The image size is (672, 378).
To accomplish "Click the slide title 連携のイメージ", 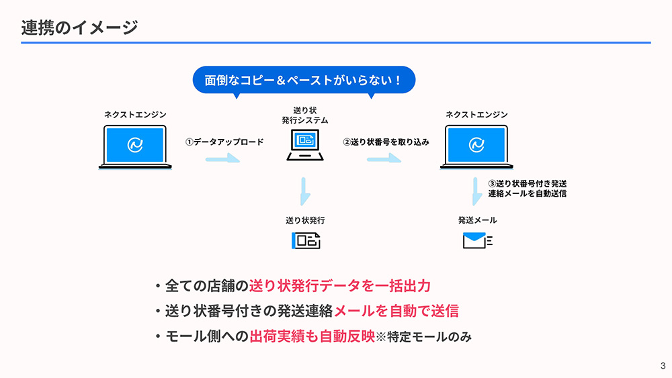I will point(79,28).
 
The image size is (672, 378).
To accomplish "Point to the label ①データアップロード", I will point(224,142).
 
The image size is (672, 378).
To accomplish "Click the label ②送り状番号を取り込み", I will point(386,142).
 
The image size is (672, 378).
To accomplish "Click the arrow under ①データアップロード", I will point(222,159).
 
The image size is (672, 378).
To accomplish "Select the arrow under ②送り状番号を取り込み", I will point(384,159).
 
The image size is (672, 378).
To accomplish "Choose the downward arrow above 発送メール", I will point(477,191).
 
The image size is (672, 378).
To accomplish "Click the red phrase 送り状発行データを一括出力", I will point(339,287).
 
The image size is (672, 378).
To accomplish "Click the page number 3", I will point(663,366).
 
